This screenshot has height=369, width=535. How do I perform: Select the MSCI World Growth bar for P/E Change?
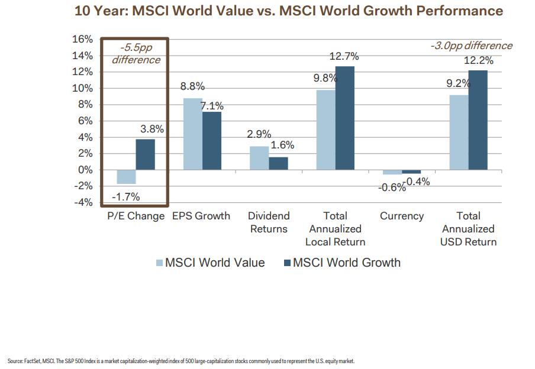tap(146, 154)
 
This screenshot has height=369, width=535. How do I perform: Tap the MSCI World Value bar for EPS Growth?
tap(192, 134)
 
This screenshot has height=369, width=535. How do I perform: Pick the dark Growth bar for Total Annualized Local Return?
tap(345, 118)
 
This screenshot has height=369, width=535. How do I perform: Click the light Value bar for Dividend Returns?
tap(259, 158)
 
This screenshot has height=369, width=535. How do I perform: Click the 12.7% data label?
tap(344, 57)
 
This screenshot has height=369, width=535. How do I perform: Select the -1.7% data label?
tap(126, 197)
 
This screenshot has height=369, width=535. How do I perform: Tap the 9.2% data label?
tap(458, 83)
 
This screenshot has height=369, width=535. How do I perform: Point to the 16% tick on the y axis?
tap(82, 40)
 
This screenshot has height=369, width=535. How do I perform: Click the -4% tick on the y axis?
tap(82, 202)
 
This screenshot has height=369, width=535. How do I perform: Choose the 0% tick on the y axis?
tap(85, 170)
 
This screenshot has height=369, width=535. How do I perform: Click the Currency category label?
tap(402, 216)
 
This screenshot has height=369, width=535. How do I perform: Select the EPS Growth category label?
tap(201, 216)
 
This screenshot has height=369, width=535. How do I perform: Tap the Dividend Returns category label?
tap(268, 223)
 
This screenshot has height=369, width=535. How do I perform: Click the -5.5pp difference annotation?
tap(136, 54)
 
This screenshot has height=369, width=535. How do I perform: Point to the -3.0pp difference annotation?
tap(471, 46)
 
